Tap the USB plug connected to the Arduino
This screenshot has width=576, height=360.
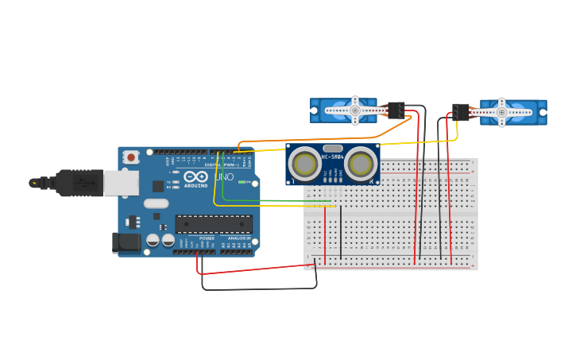click(x=79, y=183)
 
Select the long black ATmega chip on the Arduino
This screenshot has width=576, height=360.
click(x=214, y=225)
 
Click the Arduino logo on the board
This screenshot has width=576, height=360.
click(x=196, y=176)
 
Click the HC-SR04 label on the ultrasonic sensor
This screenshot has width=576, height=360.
click(x=332, y=157)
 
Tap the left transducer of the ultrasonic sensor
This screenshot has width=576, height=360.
click(x=304, y=165)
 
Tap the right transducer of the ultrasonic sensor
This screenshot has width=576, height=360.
click(x=361, y=165)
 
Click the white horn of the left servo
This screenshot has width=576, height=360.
click(x=353, y=110)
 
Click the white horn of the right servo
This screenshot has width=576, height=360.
click(x=501, y=112)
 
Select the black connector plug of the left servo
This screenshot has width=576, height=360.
click(x=395, y=110)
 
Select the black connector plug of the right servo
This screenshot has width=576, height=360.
click(x=460, y=111)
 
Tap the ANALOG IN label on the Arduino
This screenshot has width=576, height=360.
click(x=237, y=238)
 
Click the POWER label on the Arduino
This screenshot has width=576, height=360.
click(x=207, y=238)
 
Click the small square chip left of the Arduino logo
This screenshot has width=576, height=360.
click(x=158, y=186)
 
